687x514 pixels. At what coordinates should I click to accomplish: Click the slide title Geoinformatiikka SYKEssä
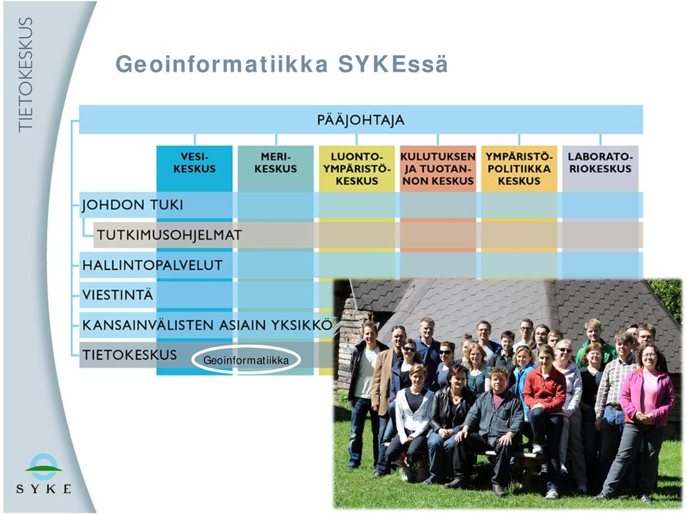pos(282,64)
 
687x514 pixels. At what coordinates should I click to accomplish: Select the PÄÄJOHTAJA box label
pos(360,120)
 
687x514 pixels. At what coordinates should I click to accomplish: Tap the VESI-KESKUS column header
pos(195,163)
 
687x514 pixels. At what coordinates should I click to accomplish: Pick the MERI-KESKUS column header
pos(276,163)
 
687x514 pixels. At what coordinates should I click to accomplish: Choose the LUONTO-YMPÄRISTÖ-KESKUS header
pos(357,168)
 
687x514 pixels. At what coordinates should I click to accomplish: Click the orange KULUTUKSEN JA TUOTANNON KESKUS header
pos(438,168)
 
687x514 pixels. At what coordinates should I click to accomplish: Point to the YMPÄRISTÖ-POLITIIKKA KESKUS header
pos(519,168)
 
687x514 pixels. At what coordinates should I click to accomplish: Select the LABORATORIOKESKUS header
pos(600,163)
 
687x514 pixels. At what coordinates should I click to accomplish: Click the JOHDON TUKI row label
pos(133,205)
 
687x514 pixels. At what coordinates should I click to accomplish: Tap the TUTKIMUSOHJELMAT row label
pos(169,235)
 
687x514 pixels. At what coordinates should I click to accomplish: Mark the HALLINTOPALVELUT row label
pos(153,265)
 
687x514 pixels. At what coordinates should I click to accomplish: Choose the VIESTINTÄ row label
pos(118,295)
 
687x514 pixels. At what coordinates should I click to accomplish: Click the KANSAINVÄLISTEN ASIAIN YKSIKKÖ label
pos(207,325)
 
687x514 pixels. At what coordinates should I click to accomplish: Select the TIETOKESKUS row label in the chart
pos(130,354)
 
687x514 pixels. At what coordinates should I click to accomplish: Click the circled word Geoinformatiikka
pos(246,360)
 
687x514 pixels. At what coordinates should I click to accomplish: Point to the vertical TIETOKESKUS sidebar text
pos(25,74)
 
